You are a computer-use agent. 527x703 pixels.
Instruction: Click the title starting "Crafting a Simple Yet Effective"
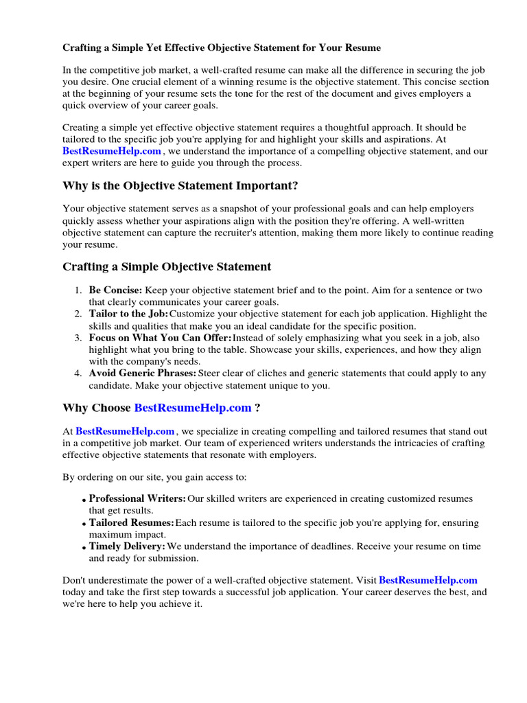[222, 48]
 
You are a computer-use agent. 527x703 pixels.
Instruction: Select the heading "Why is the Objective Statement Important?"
[180, 186]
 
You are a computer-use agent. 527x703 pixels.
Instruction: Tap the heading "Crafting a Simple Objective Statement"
[167, 266]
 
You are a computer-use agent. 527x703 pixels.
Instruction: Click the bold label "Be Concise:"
[115, 290]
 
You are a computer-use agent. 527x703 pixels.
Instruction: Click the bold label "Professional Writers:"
[137, 498]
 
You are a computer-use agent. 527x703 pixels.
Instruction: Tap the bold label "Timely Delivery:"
[128, 546]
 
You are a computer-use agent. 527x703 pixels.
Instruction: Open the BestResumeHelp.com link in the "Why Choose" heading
[193, 408]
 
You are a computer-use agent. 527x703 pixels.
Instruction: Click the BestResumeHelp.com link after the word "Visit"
[428, 580]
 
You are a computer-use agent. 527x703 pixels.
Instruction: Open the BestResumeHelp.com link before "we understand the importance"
[112, 151]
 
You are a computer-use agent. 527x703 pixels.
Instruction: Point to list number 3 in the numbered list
[78, 338]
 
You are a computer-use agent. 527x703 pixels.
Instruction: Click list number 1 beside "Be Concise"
[78, 290]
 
